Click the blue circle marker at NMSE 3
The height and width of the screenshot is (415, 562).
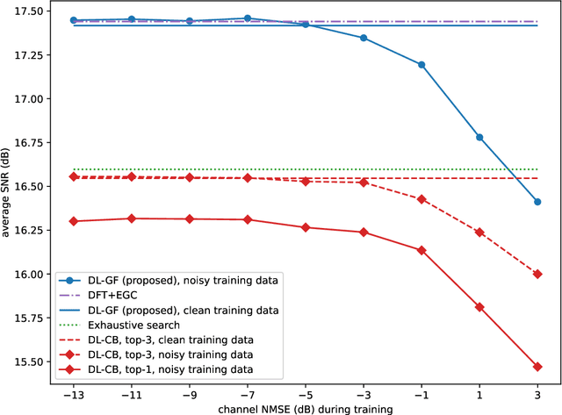tap(537, 202)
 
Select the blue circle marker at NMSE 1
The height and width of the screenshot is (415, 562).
tap(479, 137)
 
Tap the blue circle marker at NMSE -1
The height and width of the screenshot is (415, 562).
tap(421, 65)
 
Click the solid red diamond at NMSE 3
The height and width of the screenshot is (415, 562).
tap(537, 367)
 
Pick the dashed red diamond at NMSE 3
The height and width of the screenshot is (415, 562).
tap(537, 274)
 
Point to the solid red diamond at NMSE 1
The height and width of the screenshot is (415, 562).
tap(479, 307)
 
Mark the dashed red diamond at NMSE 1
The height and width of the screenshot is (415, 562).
tap(479, 233)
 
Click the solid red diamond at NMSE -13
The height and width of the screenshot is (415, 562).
tap(74, 221)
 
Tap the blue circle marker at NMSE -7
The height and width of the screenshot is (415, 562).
tap(248, 18)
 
